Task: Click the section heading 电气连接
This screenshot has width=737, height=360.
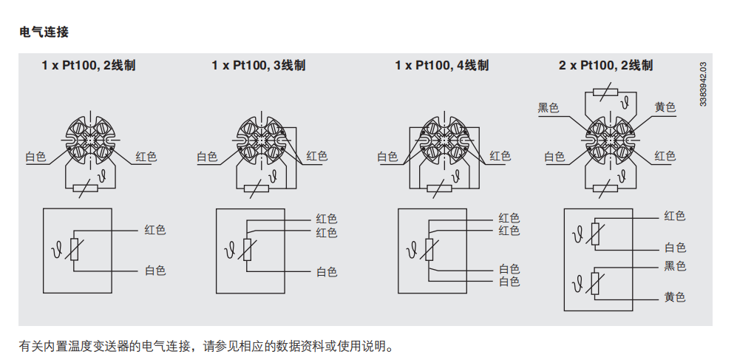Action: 44,32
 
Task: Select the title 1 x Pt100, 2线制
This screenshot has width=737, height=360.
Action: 89,65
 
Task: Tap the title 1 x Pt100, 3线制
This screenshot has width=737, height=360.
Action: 259,65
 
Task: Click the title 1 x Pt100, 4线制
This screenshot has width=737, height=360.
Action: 442,65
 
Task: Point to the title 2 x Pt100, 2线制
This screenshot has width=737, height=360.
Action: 606,65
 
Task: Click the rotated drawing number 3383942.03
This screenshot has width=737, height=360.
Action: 703,84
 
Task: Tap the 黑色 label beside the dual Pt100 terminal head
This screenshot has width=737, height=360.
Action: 548,108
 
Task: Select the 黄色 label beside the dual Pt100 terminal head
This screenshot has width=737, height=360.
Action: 665,107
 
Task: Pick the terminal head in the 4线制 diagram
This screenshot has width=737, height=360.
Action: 444,140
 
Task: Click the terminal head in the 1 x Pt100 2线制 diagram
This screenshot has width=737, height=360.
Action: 89,140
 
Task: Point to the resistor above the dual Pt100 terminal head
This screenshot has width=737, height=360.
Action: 605,92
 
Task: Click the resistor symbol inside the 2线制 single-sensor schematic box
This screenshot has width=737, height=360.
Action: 74,250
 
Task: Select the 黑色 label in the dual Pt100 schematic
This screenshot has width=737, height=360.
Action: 675,266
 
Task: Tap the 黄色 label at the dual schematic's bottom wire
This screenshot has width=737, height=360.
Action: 675,297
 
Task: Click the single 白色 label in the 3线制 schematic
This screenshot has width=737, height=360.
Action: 327,272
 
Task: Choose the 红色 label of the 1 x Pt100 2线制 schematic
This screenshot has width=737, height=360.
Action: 155,231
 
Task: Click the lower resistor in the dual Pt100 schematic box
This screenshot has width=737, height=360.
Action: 596,283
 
